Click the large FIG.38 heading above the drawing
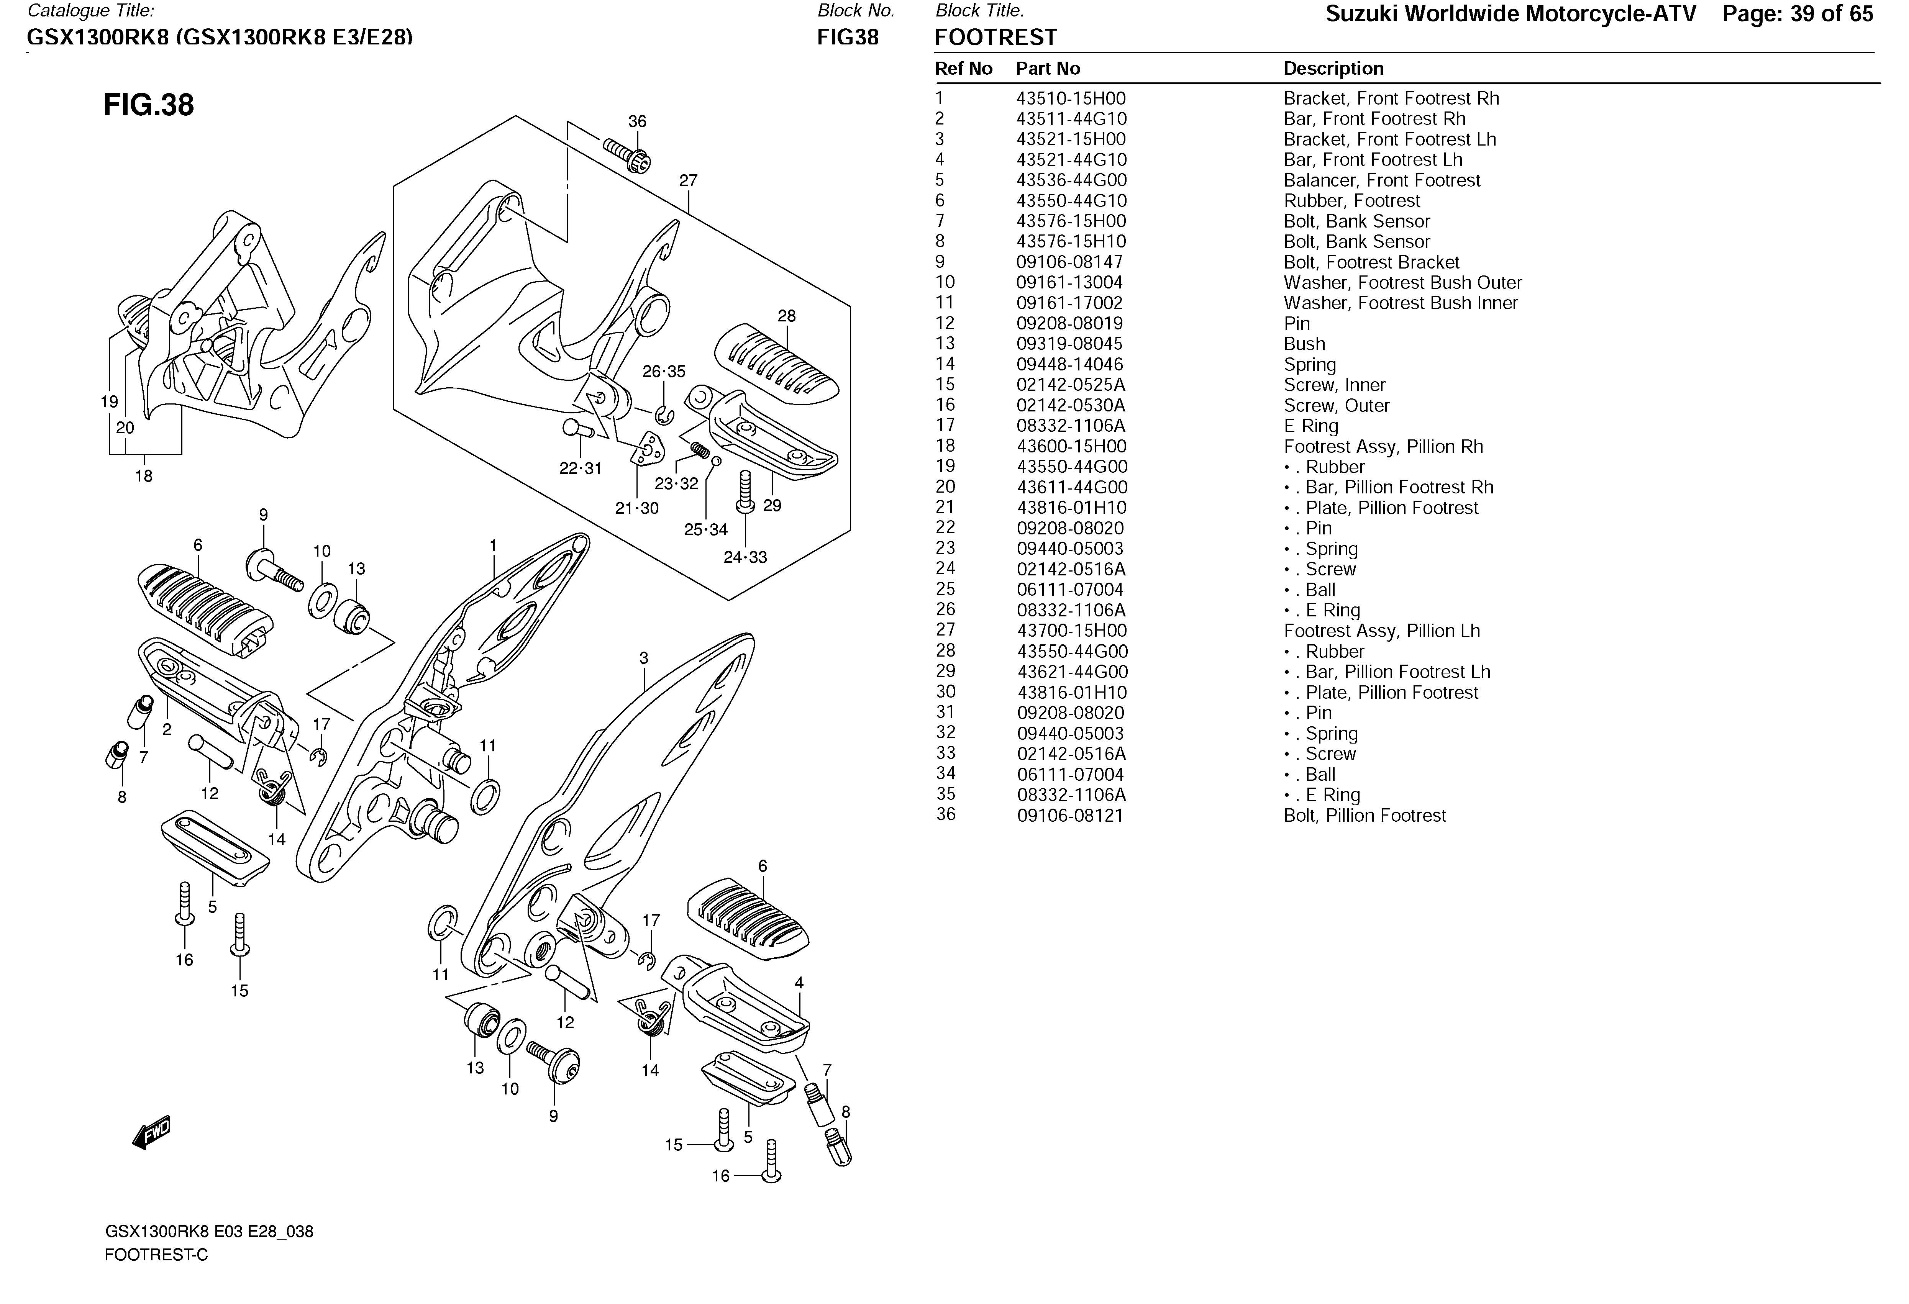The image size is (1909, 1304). click(149, 105)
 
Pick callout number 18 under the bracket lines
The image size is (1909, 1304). click(144, 476)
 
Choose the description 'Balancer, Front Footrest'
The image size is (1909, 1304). click(1382, 181)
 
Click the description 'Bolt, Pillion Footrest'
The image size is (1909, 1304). click(1365, 816)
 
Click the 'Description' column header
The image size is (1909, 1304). click(1333, 69)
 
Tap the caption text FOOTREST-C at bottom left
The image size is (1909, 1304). click(156, 1255)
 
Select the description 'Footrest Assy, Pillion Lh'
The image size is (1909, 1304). click(1382, 631)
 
